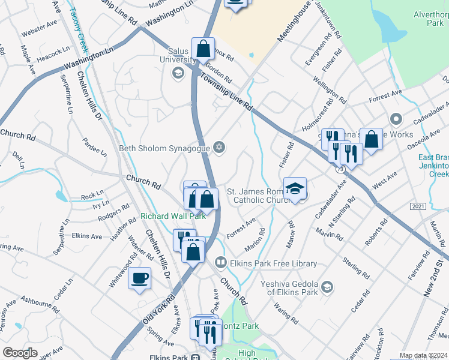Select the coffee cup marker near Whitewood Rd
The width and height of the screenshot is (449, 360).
pos(140,278)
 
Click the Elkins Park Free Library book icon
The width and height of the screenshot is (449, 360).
pos(221,262)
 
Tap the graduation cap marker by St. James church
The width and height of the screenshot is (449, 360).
pos(295,189)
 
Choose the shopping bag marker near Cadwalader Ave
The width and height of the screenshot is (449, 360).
pos(371,139)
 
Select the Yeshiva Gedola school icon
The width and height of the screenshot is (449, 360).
pos(327,287)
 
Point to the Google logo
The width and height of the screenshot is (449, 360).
pos(20,353)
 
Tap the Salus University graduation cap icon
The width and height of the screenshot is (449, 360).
pos(177,73)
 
